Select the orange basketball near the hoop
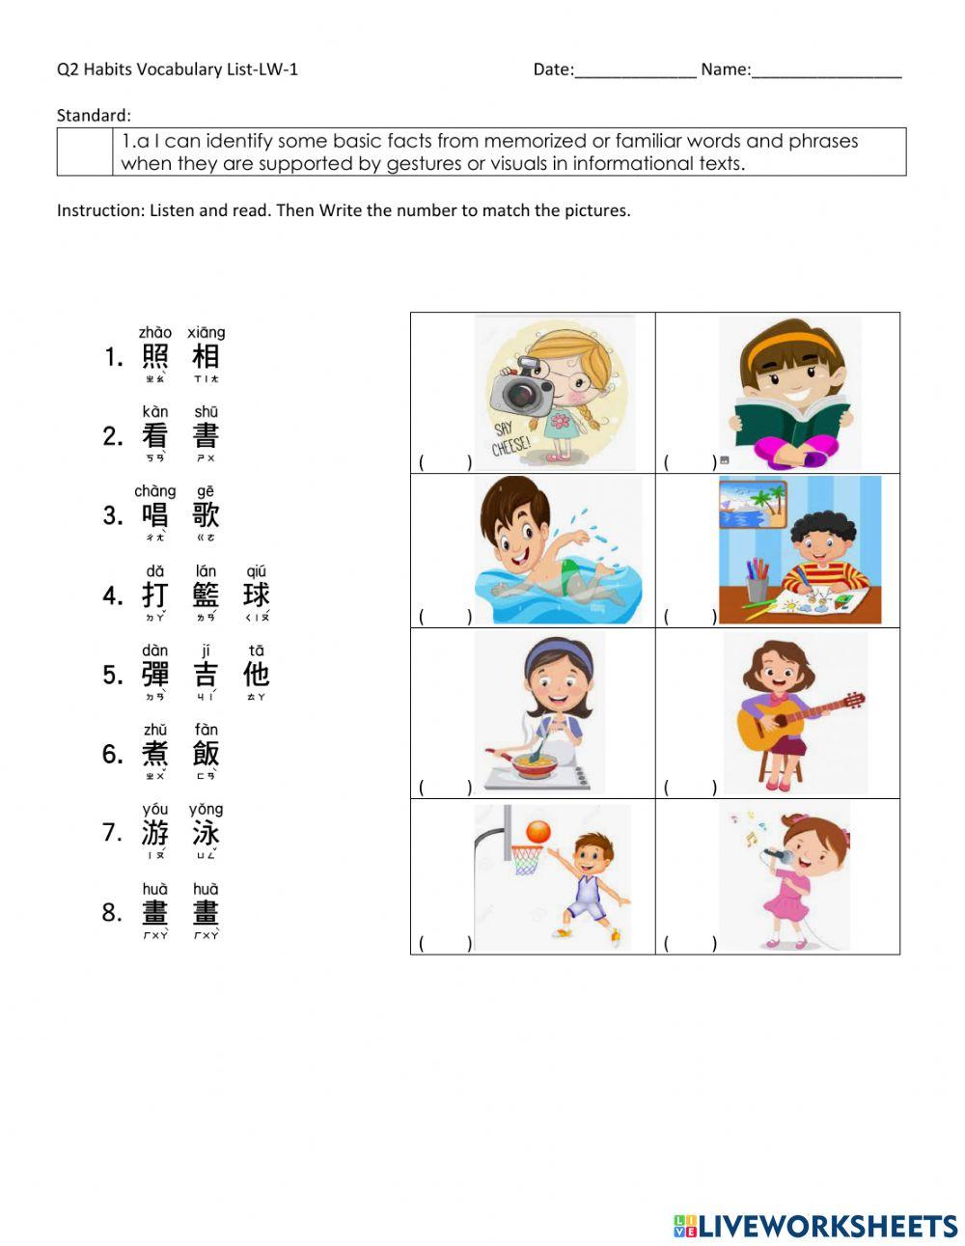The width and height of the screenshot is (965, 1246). [x=538, y=830]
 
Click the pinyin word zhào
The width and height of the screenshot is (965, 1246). [x=155, y=332]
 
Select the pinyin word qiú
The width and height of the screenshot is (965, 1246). [x=256, y=570]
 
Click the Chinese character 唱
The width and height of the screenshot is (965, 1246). [x=154, y=515]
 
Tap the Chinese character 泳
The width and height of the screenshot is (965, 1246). [x=206, y=833]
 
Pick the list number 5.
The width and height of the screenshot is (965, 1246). [x=113, y=675]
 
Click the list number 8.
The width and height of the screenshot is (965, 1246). [x=113, y=913]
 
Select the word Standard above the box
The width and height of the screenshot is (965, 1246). [x=93, y=116]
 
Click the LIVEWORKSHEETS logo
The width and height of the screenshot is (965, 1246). [x=815, y=1226]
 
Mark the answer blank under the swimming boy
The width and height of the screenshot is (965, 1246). [x=444, y=615]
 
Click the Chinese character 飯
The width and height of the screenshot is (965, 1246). [x=206, y=754]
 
